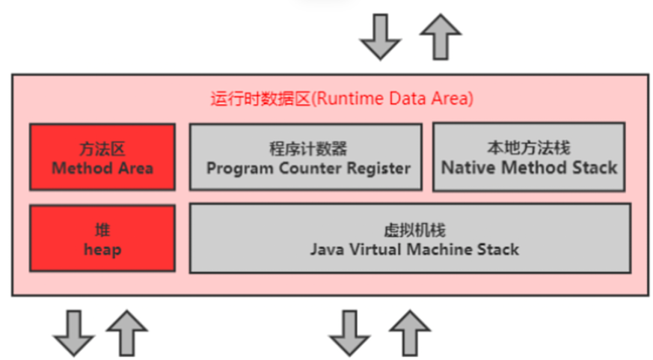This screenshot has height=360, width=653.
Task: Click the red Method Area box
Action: coord(102,156)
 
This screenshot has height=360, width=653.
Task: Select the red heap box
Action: coord(102,238)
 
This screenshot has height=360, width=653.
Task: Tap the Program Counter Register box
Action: coord(304,156)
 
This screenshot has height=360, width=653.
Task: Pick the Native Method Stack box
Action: coord(529,156)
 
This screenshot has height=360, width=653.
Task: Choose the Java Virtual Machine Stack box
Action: coord(410,237)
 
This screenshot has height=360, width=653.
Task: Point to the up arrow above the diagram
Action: coord(440,36)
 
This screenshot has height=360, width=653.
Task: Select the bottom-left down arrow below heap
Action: coord(73,333)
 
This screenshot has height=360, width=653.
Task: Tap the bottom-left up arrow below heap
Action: coord(127,332)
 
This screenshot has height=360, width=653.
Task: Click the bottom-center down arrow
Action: coord(349,333)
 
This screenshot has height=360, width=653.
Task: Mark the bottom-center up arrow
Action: coord(409,332)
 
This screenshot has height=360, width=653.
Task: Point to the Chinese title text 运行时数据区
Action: coord(260,98)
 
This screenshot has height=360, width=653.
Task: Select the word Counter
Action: coord(312,168)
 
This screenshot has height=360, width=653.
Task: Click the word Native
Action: coord(466,167)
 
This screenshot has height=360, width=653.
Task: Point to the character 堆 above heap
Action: coord(102,230)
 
